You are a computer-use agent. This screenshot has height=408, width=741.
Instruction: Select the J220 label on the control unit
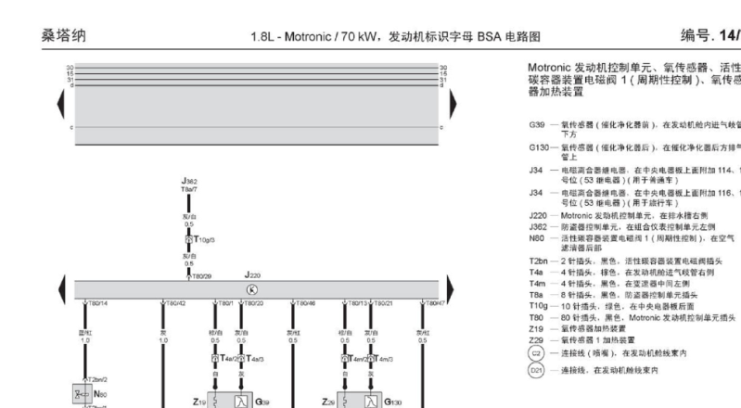tap(252, 274)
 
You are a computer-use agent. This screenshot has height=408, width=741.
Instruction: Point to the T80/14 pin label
tap(97, 303)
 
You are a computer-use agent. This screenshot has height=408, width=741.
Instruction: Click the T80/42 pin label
tap(176, 303)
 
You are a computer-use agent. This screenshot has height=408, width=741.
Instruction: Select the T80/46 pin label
tap(304, 303)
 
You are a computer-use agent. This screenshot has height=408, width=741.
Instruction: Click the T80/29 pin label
tap(201, 274)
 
